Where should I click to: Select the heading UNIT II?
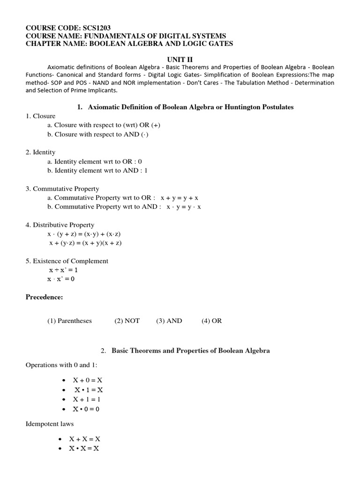[180, 60]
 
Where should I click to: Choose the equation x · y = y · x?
[183, 206]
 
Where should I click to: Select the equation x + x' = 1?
[63, 270]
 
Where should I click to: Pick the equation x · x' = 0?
[61, 279]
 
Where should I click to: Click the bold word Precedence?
[44, 297]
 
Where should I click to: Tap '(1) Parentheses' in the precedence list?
[69, 321]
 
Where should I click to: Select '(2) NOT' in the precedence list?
[127, 321]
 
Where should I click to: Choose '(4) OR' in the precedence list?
[212, 321]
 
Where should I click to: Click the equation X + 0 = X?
[88, 380]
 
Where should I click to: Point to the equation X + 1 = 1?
[87, 399]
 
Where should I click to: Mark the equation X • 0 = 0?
[86, 409]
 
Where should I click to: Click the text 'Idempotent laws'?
[50, 424]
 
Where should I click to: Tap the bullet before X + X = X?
[60, 439]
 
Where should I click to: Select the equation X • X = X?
[85, 449]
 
